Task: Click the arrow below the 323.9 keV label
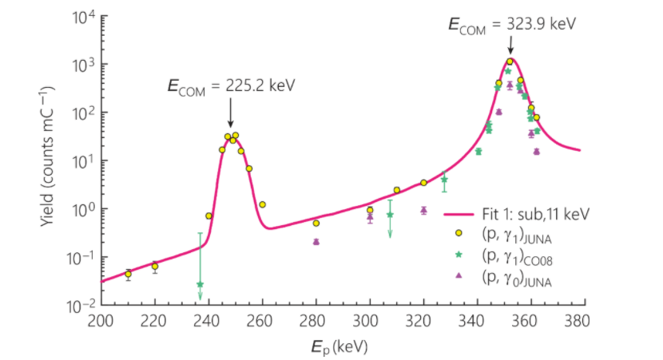511,47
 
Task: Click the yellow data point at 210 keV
128,274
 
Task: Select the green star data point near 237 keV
200,284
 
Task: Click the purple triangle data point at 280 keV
316,241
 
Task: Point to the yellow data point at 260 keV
262,204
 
